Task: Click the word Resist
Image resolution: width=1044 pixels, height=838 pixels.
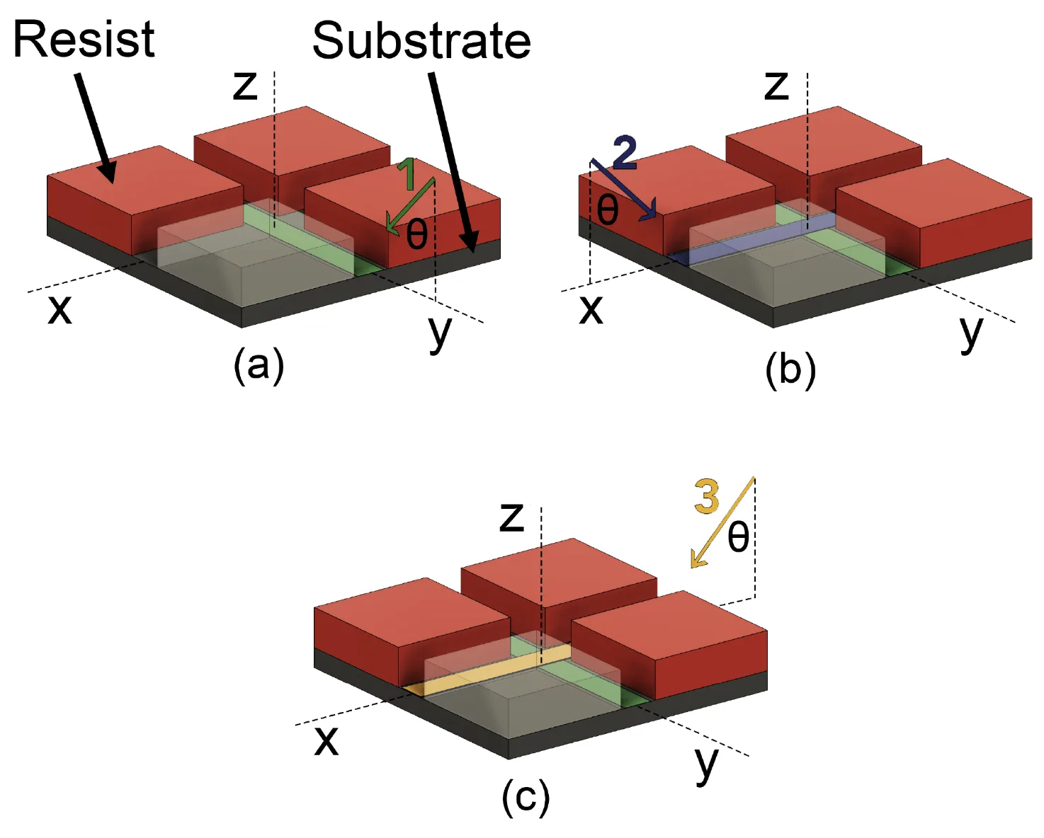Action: tap(84, 40)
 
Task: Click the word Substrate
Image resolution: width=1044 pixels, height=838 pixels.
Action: tap(421, 40)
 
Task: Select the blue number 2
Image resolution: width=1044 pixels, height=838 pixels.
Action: tap(625, 153)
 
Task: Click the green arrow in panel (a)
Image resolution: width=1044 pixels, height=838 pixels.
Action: tap(410, 204)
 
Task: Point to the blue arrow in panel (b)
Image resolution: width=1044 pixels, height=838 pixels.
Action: tap(623, 190)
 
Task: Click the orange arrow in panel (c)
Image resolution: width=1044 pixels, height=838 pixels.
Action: tap(723, 522)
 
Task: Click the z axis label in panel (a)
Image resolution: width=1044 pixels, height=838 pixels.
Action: tap(244, 86)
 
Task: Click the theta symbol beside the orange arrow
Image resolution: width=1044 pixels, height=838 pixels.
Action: tap(738, 536)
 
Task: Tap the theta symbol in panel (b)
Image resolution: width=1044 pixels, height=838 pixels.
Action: tap(608, 209)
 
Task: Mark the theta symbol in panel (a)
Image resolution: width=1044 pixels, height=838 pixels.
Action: tap(416, 234)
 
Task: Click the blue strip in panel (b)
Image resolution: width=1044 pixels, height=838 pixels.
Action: tap(751, 239)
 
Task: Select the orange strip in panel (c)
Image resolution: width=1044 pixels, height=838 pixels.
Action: tap(486, 670)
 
